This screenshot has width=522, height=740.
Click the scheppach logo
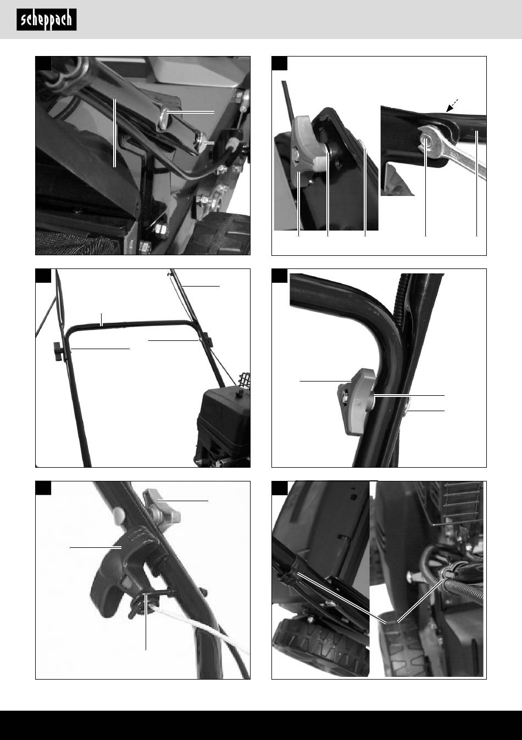pyautogui.click(x=47, y=20)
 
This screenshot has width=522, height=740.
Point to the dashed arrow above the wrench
pyautogui.click(x=452, y=105)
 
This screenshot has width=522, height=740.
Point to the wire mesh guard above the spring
pyautogui.click(x=458, y=503)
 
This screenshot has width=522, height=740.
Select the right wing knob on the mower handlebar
pyautogui.click(x=208, y=340)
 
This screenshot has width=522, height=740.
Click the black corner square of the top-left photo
pyautogui.click(x=43, y=63)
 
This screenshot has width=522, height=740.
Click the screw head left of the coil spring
pyautogui.click(x=412, y=577)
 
